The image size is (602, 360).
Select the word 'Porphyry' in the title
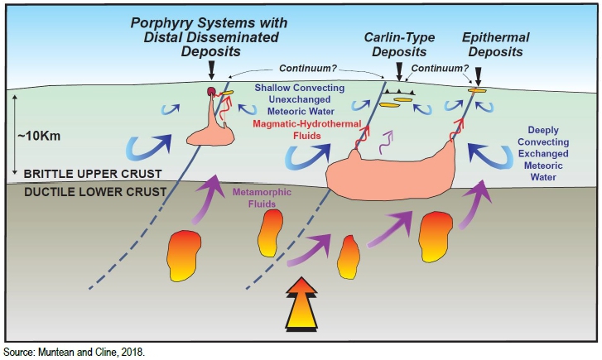161,20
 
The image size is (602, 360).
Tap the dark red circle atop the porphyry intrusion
212,90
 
